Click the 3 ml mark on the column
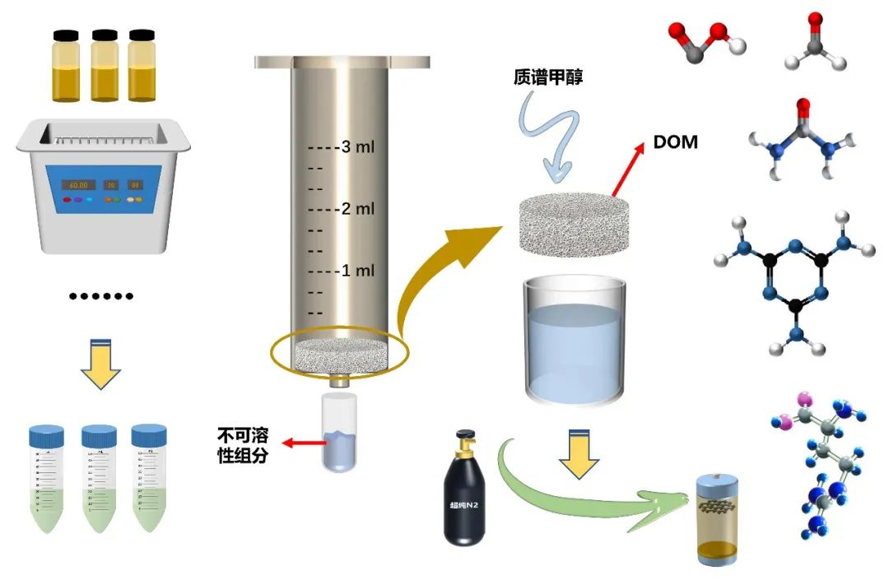[358, 148]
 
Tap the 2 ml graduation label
[358, 209]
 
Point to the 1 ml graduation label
[358, 271]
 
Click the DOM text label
[675, 142]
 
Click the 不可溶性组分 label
[243, 444]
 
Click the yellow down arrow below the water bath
[100, 362]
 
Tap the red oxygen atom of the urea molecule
[803, 105]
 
